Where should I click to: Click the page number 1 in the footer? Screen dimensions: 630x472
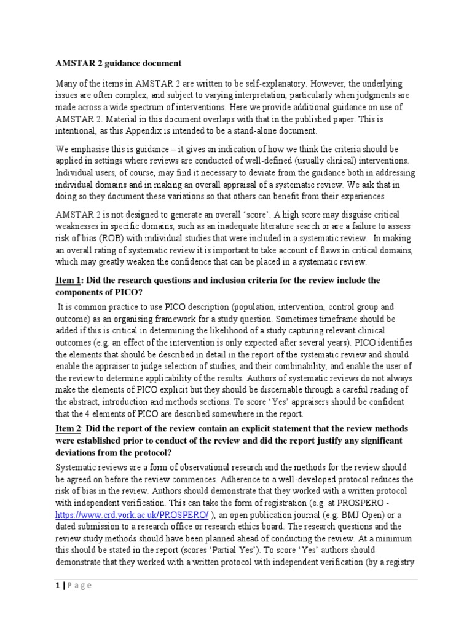click(x=57, y=585)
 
